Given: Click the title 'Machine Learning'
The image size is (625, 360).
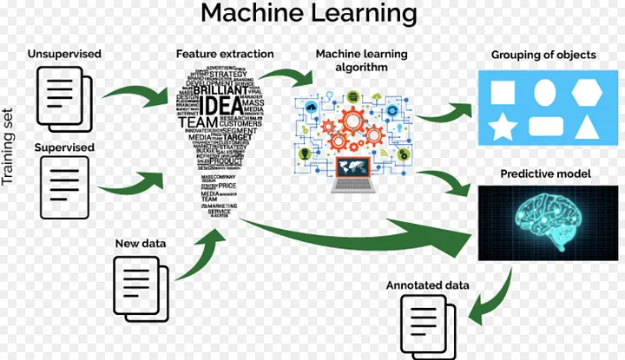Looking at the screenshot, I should pos(308,15).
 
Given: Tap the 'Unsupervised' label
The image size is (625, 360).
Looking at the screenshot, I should pos(64,54).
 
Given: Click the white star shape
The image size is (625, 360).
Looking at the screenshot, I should pos(503,128).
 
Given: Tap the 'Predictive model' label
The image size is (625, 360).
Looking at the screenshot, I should pos(546,174).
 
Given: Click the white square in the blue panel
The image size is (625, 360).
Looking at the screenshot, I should pos(503,92).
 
